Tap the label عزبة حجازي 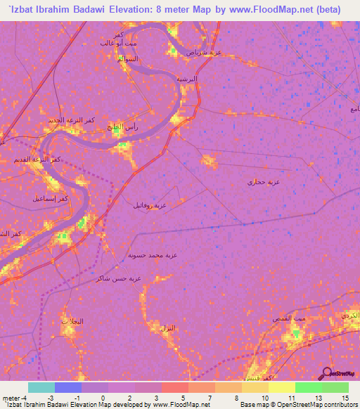tap(262, 182)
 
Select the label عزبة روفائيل tap(150, 206)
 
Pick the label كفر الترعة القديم tap(37, 160)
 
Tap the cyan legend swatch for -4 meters tap(41, 387)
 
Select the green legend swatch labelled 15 tap(335, 387)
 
